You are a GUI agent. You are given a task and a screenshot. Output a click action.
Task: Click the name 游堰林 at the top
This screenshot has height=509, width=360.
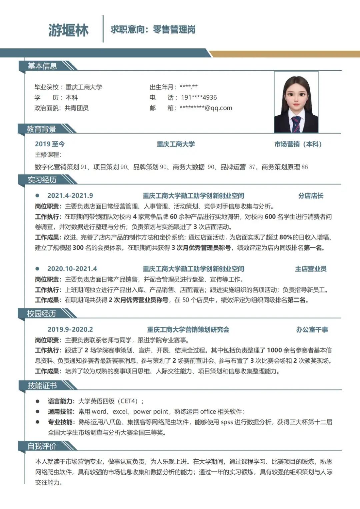pyautogui.click(x=68, y=30)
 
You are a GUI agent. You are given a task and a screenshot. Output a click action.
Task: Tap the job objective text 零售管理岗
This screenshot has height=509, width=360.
pyautogui.click(x=174, y=30)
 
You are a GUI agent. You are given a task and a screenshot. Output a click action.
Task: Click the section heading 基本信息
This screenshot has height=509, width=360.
pyautogui.click(x=42, y=66)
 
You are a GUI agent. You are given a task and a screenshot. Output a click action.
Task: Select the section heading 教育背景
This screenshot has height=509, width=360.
pyautogui.click(x=41, y=129)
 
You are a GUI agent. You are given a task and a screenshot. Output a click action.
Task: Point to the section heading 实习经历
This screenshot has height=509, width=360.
pyautogui.click(x=42, y=180)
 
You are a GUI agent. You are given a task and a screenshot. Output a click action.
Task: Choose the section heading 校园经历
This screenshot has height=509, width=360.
pyautogui.click(x=41, y=313)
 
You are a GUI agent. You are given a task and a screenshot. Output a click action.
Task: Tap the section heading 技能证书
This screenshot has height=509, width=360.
pyautogui.click(x=42, y=386)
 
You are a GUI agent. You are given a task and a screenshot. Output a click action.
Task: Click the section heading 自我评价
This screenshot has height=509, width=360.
pyautogui.click(x=42, y=446)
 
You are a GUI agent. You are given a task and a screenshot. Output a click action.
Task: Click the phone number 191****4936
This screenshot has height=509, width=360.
pyautogui.click(x=199, y=98)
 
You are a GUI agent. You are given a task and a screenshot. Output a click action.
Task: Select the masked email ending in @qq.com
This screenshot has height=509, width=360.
pyautogui.click(x=206, y=108)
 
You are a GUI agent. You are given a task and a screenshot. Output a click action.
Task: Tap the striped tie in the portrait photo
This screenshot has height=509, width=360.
pyautogui.click(x=296, y=124)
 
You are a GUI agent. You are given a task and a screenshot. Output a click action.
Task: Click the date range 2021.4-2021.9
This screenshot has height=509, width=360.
pyautogui.click(x=70, y=196)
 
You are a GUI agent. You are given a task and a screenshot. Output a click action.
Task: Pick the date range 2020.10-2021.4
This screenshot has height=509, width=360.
pyautogui.click(x=72, y=269)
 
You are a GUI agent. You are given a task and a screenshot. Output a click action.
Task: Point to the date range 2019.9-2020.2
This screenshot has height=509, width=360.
pyautogui.click(x=70, y=329)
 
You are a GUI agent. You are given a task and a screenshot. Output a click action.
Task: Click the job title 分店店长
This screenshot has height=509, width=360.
pyautogui.click(x=311, y=196)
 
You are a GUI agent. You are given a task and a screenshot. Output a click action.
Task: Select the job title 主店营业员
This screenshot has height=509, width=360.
pyautogui.click(x=311, y=269)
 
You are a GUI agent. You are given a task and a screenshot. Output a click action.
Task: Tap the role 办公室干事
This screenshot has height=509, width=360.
pyautogui.click(x=312, y=329)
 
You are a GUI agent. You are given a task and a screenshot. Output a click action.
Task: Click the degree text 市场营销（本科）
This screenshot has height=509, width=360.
pyautogui.click(x=298, y=144)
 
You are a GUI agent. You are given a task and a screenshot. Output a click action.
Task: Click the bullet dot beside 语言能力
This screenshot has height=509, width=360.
pyautogui.click(x=38, y=401)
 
